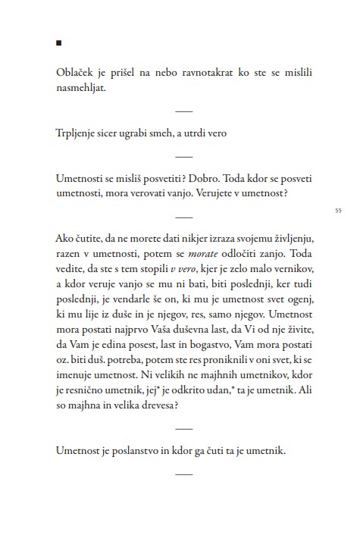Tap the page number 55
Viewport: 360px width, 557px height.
click(337, 210)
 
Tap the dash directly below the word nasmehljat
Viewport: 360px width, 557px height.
click(184, 110)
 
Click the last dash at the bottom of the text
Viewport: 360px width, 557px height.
click(184, 474)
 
